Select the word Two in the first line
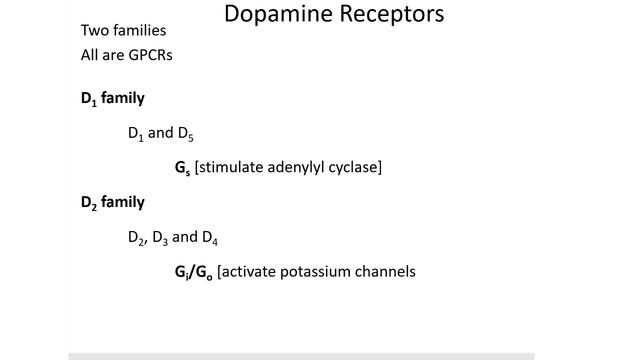click(96, 30)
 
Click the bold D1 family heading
click(112, 98)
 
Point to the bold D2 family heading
click(112, 202)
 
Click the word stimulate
click(233, 167)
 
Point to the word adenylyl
click(301, 168)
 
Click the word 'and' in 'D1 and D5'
click(161, 133)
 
